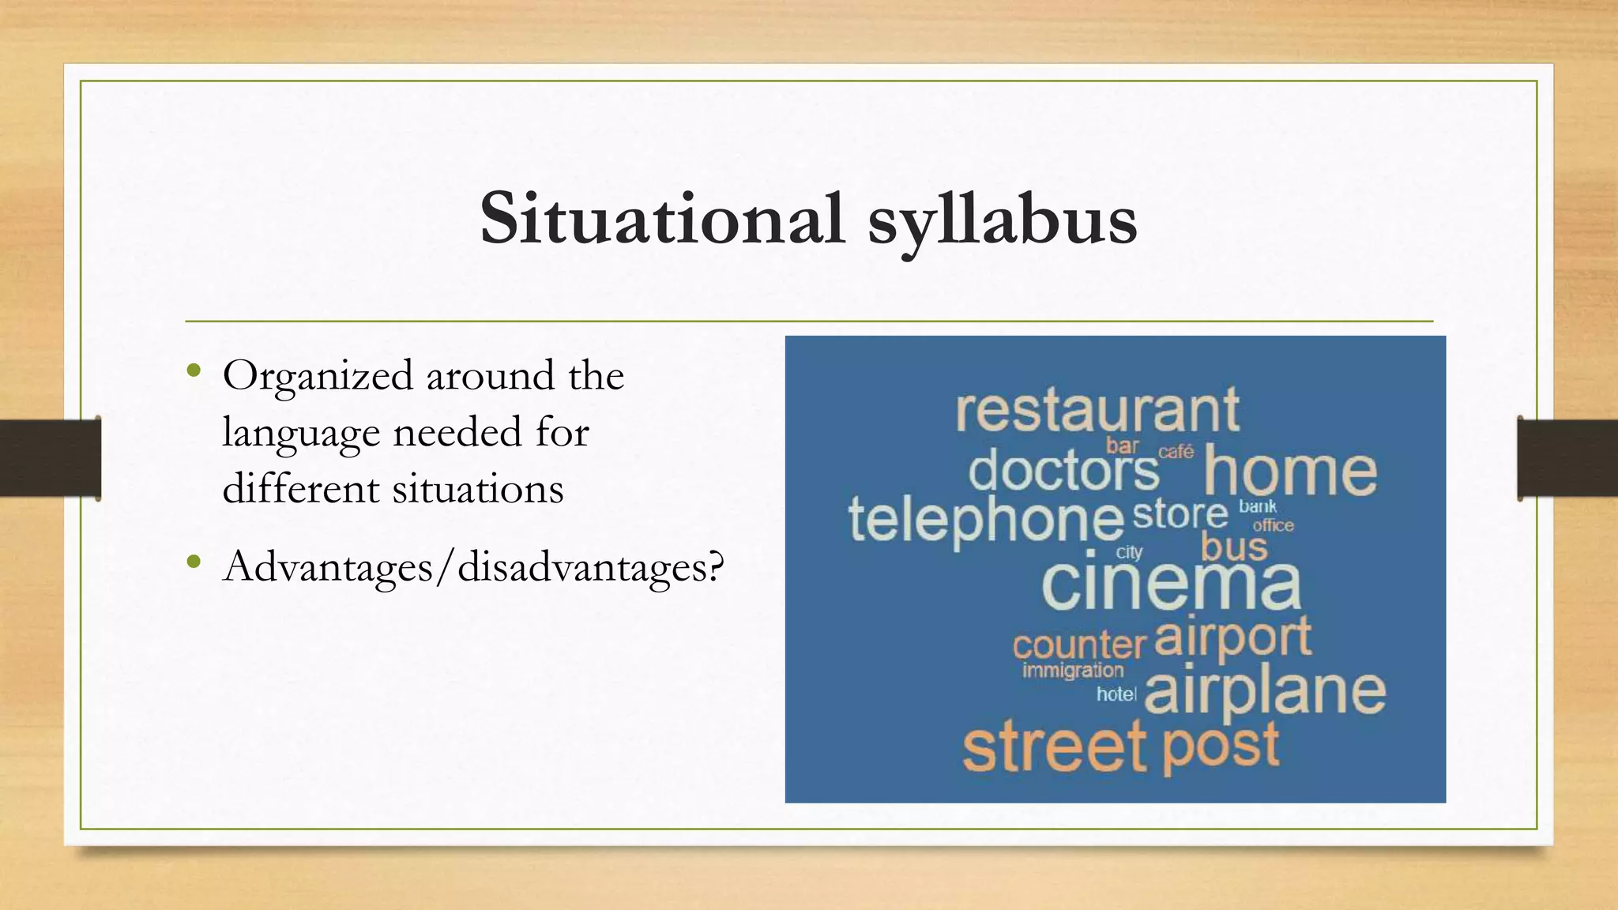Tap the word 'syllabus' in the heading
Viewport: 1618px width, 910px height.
[x=1002, y=221]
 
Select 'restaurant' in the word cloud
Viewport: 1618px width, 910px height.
[x=1097, y=411]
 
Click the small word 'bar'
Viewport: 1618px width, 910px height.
[x=1122, y=446]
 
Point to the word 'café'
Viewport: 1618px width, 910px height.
[x=1176, y=452]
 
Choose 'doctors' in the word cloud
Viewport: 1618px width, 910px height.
[x=1063, y=471]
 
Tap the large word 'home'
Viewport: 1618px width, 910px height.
[x=1289, y=472]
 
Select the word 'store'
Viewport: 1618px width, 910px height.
[x=1180, y=515]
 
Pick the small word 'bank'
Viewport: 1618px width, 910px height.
[x=1257, y=506]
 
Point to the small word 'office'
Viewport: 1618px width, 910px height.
[x=1273, y=525]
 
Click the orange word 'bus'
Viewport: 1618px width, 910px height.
[x=1234, y=547]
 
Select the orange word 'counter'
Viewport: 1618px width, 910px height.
[x=1078, y=645]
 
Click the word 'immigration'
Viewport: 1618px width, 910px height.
[x=1072, y=671]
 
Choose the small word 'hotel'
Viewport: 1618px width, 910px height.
[x=1116, y=694]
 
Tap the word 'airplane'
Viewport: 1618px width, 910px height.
[x=1264, y=692]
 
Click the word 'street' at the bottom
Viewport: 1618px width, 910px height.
[x=1054, y=747]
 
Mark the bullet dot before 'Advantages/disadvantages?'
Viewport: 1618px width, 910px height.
[x=194, y=562]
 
